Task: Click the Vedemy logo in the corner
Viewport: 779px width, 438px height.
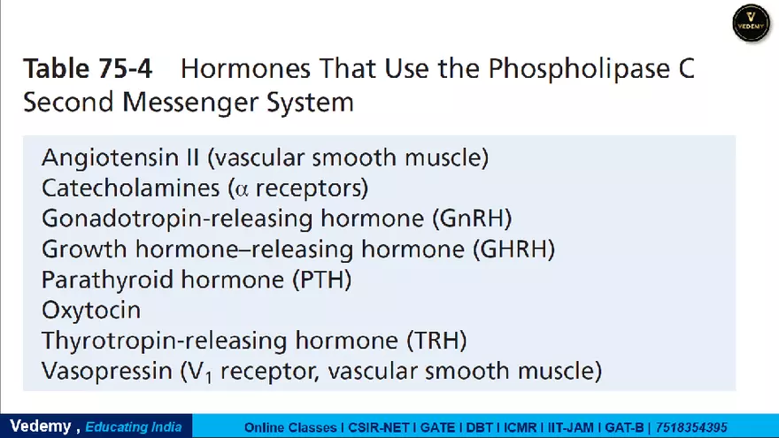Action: pyautogui.click(x=752, y=23)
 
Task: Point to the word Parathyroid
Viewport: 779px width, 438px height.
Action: pyautogui.click(x=100, y=280)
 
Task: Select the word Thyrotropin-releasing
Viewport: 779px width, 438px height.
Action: pyautogui.click(x=166, y=341)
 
